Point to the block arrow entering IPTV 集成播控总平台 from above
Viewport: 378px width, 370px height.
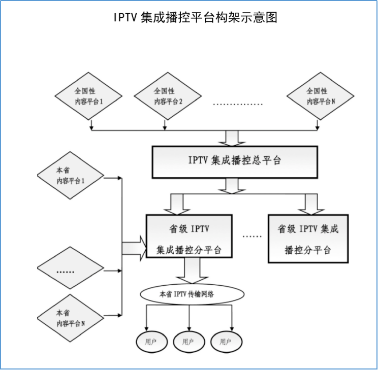pos(234,138)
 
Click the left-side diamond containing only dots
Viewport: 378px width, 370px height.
pos(71,271)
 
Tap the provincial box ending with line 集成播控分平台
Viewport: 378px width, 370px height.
pos(189,236)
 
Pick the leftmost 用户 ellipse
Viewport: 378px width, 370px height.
pos(151,342)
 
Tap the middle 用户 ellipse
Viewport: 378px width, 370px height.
pos(188,342)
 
